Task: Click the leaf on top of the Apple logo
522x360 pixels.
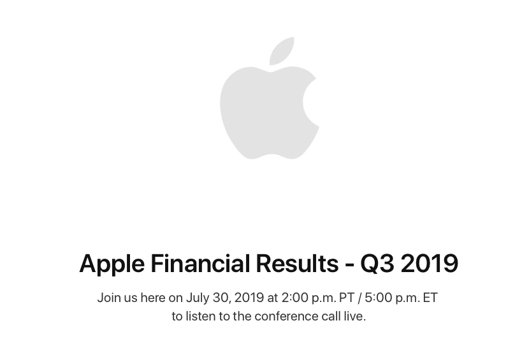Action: tap(282, 51)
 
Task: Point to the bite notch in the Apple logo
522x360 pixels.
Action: tap(310, 102)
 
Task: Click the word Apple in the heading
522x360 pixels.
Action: tap(112, 264)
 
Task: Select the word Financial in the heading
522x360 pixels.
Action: tap(200, 263)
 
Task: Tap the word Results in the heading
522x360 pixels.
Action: tap(297, 263)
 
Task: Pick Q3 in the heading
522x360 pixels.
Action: tap(377, 264)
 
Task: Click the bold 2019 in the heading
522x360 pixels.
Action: tap(430, 264)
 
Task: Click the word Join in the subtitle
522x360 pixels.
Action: tap(109, 298)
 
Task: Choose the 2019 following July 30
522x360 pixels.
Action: tap(249, 298)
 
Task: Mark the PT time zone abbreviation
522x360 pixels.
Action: tap(347, 298)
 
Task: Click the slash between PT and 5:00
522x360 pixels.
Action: tap(359, 298)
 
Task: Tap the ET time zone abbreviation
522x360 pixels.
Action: tap(430, 298)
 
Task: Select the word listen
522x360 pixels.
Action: tap(200, 316)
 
